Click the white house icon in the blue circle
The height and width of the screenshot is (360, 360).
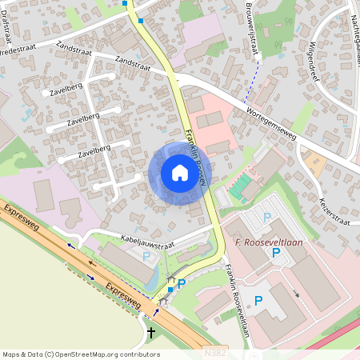pos(180,173)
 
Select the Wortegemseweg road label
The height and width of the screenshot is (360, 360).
pos(271,124)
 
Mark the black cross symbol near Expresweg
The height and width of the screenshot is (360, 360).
pos(151,331)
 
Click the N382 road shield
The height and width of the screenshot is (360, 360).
pos(214,352)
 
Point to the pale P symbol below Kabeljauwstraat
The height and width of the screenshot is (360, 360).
pos(146,256)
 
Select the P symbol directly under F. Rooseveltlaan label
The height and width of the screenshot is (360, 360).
pos(276,253)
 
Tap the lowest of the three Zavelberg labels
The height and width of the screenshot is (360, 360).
pos(94,150)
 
